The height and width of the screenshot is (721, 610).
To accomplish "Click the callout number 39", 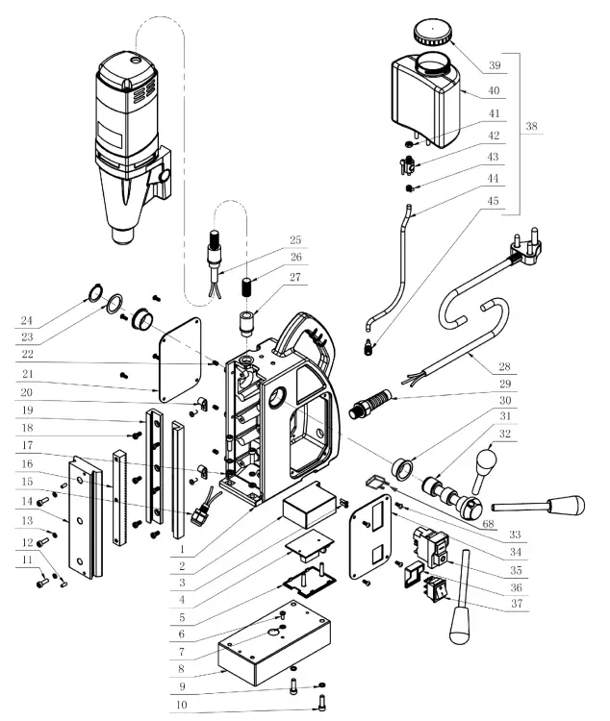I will (494, 66).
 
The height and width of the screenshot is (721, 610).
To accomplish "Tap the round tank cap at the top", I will (432, 35).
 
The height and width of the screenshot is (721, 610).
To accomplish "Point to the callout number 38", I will (532, 127).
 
